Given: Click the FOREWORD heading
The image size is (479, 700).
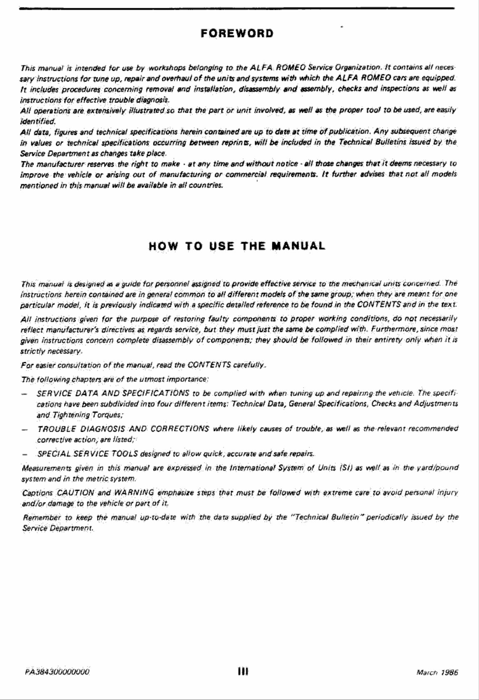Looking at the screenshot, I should (x=237, y=33).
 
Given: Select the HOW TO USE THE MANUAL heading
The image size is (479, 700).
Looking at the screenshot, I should (x=237, y=246).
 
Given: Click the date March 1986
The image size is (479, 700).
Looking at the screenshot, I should (x=437, y=672).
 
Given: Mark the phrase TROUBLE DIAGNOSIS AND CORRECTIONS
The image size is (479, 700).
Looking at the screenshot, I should (x=123, y=428).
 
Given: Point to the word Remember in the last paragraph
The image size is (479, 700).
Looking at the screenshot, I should (x=41, y=518).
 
